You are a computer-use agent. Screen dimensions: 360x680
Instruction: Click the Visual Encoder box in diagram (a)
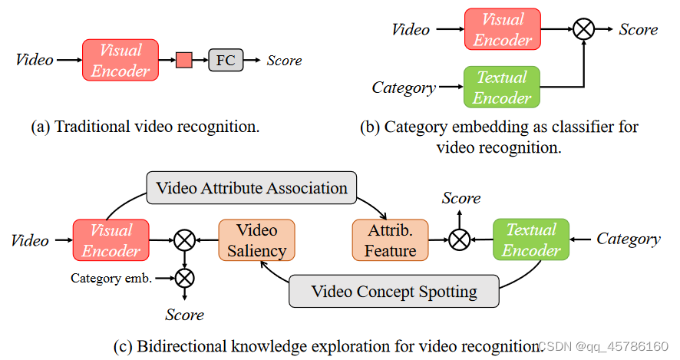click(120, 61)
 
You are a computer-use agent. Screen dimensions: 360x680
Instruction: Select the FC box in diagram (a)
click(226, 61)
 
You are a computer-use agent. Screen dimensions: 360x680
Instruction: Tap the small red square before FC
click(183, 61)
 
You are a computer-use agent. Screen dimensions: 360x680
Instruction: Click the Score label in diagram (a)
click(284, 61)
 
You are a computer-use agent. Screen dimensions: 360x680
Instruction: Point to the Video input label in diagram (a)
click(35, 60)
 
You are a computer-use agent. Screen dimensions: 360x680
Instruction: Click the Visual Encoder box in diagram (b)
click(503, 29)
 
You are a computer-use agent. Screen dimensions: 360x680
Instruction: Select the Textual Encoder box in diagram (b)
click(502, 88)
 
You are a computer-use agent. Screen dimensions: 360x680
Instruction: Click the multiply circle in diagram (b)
click(584, 29)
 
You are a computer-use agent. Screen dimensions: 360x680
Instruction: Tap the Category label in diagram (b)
click(404, 88)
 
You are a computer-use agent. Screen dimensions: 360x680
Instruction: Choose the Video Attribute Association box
click(252, 188)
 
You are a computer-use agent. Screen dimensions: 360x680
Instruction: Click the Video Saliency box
click(256, 240)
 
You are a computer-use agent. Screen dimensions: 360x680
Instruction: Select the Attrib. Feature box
click(390, 240)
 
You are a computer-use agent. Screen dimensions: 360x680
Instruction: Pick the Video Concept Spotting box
click(394, 292)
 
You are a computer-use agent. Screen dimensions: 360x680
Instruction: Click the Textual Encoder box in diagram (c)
click(530, 239)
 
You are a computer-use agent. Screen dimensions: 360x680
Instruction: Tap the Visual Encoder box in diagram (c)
click(111, 240)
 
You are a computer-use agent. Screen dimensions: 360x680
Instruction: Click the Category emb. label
click(111, 278)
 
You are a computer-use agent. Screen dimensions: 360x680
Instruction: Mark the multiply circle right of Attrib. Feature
click(459, 240)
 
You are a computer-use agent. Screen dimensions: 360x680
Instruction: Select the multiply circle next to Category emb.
click(184, 278)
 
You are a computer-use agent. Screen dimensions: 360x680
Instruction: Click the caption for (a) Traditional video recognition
click(145, 127)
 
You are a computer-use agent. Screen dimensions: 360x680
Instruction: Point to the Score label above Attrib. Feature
click(461, 198)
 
